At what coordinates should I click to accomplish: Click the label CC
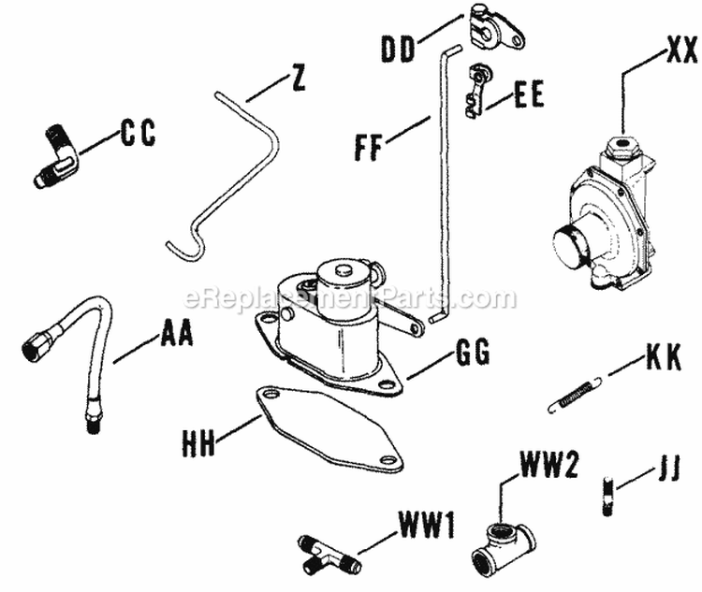coord(137,134)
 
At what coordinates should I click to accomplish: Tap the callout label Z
coord(298,79)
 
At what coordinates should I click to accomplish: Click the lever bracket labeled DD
coord(492,30)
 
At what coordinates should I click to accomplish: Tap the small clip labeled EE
coord(475,90)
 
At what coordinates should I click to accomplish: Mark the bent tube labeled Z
coord(243,159)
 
